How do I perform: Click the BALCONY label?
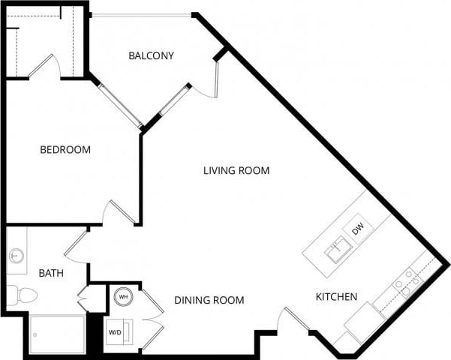[151, 55]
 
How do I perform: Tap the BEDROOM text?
[65, 150]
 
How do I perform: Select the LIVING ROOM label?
[236, 170]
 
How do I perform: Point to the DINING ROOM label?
[209, 300]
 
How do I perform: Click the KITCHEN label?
[335, 297]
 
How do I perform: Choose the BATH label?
[51, 274]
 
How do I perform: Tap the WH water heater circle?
[122, 296]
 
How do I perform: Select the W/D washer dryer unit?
[117, 331]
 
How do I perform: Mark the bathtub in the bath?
[58, 333]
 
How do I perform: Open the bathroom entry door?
[77, 244]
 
